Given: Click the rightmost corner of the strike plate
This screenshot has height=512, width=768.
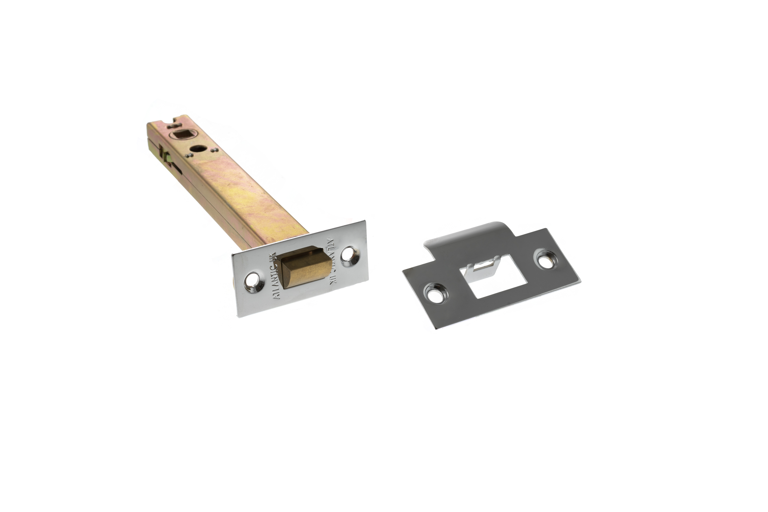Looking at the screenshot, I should pyautogui.click(x=580, y=281).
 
